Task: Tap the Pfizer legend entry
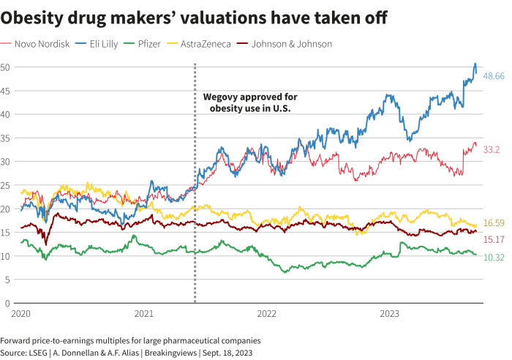(x=155, y=44)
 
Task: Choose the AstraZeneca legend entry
(x=204, y=44)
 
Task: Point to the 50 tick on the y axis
(x=4, y=67)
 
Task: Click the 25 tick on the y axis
(x=4, y=185)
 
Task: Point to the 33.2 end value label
(x=492, y=149)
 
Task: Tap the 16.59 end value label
(x=494, y=223)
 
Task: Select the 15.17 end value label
(x=494, y=239)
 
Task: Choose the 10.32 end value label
(x=494, y=257)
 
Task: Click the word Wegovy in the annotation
(x=221, y=97)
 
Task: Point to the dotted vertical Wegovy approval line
(x=195, y=220)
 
